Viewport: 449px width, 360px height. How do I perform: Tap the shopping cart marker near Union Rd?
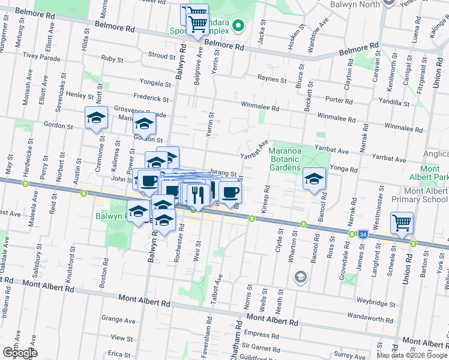tap(402, 223)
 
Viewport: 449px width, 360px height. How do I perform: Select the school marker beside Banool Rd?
tap(313, 178)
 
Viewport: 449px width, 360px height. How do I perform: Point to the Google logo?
tap(20, 353)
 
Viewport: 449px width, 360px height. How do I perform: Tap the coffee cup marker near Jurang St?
tap(230, 191)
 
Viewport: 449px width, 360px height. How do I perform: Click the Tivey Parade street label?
tap(42, 58)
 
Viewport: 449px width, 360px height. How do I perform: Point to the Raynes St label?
tap(272, 79)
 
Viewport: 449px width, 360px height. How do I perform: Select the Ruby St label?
tap(112, 59)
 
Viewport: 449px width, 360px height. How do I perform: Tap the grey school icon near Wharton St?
tap(300, 277)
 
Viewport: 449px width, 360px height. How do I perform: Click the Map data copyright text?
tap(411, 355)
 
